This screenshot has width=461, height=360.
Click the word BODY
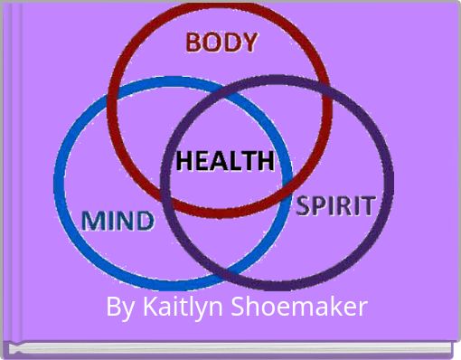pos(221,43)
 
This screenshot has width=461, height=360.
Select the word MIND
pos(118,220)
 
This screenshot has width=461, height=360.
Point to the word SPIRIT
pos(335,205)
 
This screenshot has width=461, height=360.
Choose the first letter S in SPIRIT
pos(306,205)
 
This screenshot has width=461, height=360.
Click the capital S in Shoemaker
pos(241,308)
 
